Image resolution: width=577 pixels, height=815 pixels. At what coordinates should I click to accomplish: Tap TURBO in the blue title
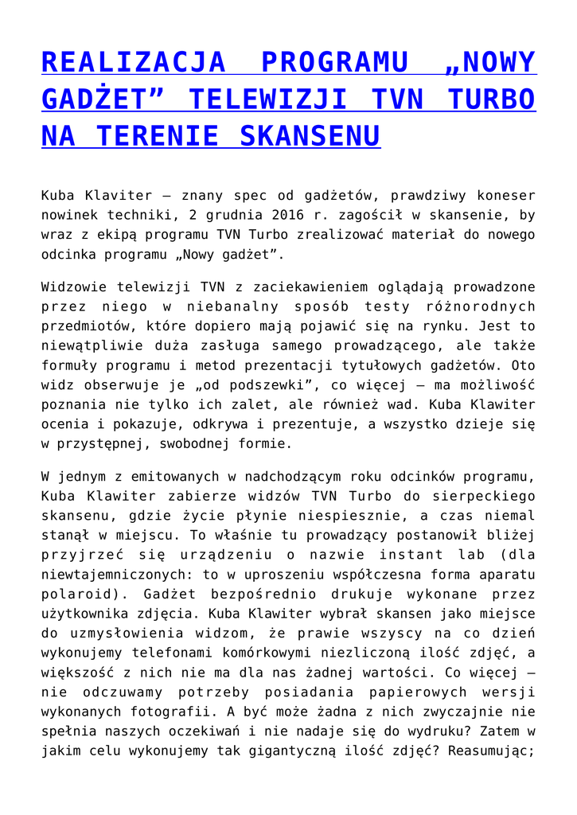(491, 99)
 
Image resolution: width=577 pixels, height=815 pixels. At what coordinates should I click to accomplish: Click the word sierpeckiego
(481, 495)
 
